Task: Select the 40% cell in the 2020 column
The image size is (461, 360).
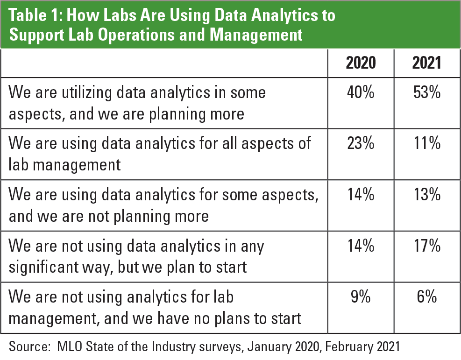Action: tap(361, 92)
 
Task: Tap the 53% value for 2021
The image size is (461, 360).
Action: tap(426, 92)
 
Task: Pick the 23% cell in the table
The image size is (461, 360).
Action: tap(361, 143)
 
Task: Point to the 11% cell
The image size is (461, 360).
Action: tap(426, 143)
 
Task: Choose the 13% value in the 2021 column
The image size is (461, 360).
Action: tap(426, 194)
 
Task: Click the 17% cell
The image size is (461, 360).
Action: tap(426, 246)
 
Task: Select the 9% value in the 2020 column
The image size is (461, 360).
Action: tap(361, 296)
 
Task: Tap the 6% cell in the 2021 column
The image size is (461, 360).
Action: tap(426, 296)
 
